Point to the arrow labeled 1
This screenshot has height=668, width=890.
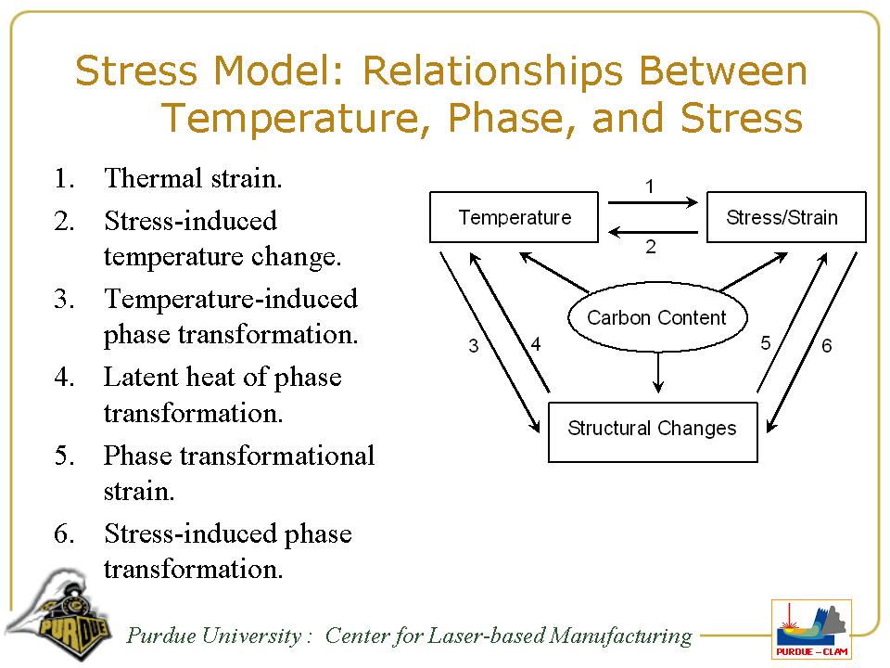tap(653, 202)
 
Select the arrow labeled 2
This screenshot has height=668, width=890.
tap(653, 232)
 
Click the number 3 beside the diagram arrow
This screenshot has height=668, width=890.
tap(474, 346)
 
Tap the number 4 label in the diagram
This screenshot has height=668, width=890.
tap(536, 343)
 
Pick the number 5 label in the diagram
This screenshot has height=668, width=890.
tap(766, 343)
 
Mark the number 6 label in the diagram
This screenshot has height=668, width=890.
tap(826, 345)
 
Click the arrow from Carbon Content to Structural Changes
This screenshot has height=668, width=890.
tap(658, 373)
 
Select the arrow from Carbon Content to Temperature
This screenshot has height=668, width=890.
tap(554, 273)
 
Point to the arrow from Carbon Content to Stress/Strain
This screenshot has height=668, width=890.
tap(754, 272)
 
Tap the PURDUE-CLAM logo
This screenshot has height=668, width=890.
tap(812, 629)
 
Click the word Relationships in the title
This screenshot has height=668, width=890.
tap(492, 71)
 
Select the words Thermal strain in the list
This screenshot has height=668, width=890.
tap(193, 178)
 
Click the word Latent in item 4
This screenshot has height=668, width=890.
tap(141, 377)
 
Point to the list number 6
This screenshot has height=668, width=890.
tap(64, 534)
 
